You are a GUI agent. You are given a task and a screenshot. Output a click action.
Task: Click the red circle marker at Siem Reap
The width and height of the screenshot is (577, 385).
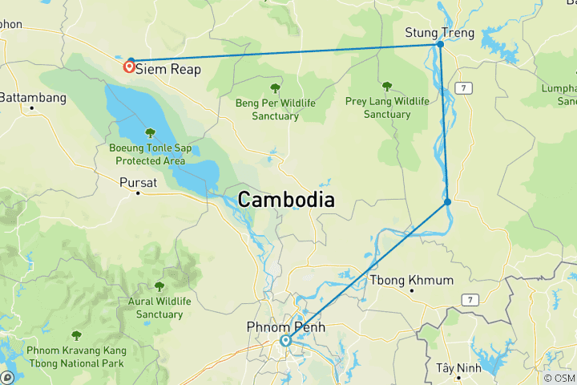click(x=128, y=67)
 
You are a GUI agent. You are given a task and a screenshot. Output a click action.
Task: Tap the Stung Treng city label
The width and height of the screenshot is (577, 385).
click(x=440, y=33)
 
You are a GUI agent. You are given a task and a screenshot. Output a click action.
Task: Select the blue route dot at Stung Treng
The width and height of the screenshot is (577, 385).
click(x=440, y=44)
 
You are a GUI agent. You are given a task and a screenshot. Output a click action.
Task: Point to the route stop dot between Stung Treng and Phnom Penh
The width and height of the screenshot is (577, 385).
click(x=447, y=201)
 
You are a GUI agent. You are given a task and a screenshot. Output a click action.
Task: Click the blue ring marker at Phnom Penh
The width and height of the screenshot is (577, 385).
click(x=284, y=340)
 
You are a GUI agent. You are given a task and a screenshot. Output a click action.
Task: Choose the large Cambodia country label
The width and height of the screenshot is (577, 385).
click(x=286, y=201)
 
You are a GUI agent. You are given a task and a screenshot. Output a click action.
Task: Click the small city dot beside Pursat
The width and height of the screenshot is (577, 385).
click(x=138, y=193)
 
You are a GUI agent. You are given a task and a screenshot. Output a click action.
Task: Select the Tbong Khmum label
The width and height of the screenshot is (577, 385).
click(x=411, y=280)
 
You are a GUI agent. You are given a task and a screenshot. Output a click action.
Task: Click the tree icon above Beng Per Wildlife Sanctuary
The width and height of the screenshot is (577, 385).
click(x=275, y=88)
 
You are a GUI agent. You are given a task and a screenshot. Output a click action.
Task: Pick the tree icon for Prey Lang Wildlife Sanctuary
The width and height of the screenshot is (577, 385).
click(x=387, y=87)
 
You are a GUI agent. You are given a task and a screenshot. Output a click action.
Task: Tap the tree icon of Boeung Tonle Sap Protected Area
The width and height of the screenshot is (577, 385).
click(x=150, y=133)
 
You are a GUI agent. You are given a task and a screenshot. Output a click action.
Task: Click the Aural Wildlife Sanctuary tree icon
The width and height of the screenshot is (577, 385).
click(x=159, y=286)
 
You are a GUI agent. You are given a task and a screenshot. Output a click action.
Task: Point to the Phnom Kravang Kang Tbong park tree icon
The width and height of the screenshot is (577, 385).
click(x=76, y=335)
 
